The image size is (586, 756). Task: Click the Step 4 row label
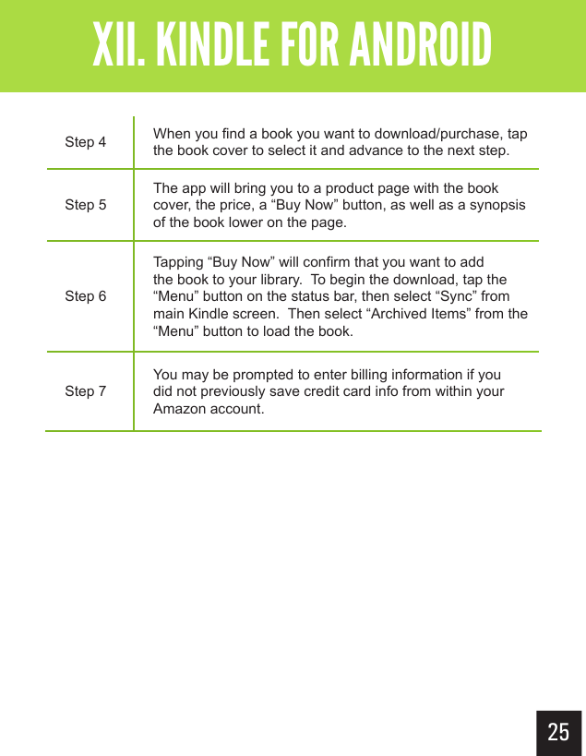(x=85, y=142)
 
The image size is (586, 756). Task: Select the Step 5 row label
(x=85, y=205)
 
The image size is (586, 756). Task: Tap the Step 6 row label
(x=85, y=296)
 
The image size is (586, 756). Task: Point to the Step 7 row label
(x=85, y=391)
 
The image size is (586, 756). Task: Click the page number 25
(x=558, y=733)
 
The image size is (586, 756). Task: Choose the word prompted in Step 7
(x=244, y=375)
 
